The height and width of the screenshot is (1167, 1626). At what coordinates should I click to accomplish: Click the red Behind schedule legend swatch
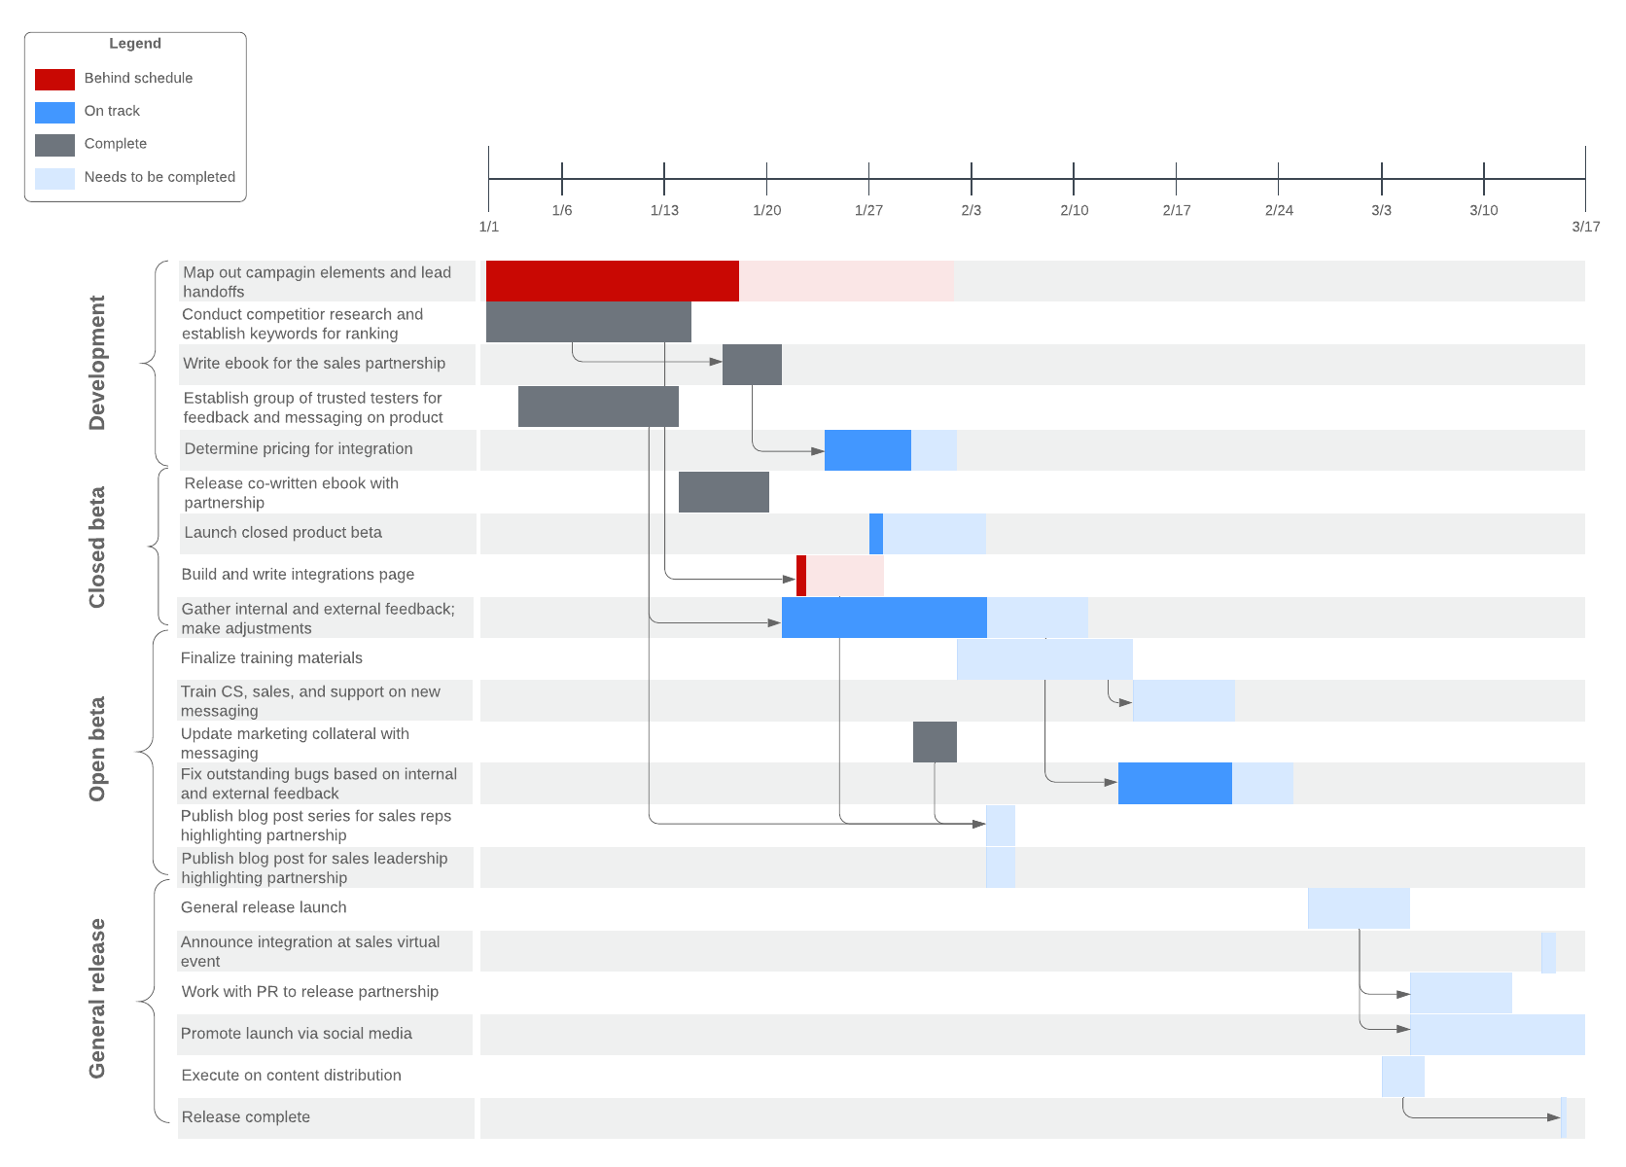click(x=54, y=79)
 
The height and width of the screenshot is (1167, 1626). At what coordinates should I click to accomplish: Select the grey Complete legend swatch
click(x=54, y=145)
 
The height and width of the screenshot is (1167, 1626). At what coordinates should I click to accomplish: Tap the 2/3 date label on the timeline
click(x=971, y=210)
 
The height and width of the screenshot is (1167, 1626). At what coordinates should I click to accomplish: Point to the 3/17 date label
click(x=1585, y=227)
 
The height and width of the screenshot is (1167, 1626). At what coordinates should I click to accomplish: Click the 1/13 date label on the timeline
click(x=664, y=210)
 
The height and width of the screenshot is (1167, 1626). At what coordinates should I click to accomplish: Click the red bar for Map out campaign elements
click(x=612, y=281)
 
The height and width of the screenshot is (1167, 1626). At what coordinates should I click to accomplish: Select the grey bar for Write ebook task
click(x=752, y=365)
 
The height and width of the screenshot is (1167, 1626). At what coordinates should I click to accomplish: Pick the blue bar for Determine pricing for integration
click(x=867, y=450)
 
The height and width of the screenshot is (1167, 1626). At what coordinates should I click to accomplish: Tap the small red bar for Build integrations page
click(x=801, y=576)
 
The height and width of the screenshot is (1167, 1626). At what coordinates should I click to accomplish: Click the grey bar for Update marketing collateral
click(x=935, y=742)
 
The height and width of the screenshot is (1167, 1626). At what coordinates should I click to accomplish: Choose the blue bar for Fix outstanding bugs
click(x=1175, y=784)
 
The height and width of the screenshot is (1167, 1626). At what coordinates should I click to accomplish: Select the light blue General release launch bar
click(x=1359, y=908)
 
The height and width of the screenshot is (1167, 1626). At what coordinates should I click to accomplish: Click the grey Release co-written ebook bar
click(x=724, y=492)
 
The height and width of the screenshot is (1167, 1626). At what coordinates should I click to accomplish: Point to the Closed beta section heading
click(x=96, y=548)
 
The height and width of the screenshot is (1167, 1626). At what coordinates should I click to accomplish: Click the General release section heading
click(x=96, y=998)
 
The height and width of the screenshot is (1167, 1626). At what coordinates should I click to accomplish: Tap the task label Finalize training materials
click(x=271, y=658)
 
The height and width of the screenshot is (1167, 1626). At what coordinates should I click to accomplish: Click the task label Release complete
click(x=246, y=1117)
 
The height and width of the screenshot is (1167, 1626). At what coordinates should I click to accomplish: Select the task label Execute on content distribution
click(x=291, y=1076)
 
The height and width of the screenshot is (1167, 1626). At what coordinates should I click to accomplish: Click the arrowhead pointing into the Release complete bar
click(x=1554, y=1117)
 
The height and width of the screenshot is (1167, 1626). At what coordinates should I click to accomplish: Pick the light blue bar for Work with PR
click(x=1461, y=993)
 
